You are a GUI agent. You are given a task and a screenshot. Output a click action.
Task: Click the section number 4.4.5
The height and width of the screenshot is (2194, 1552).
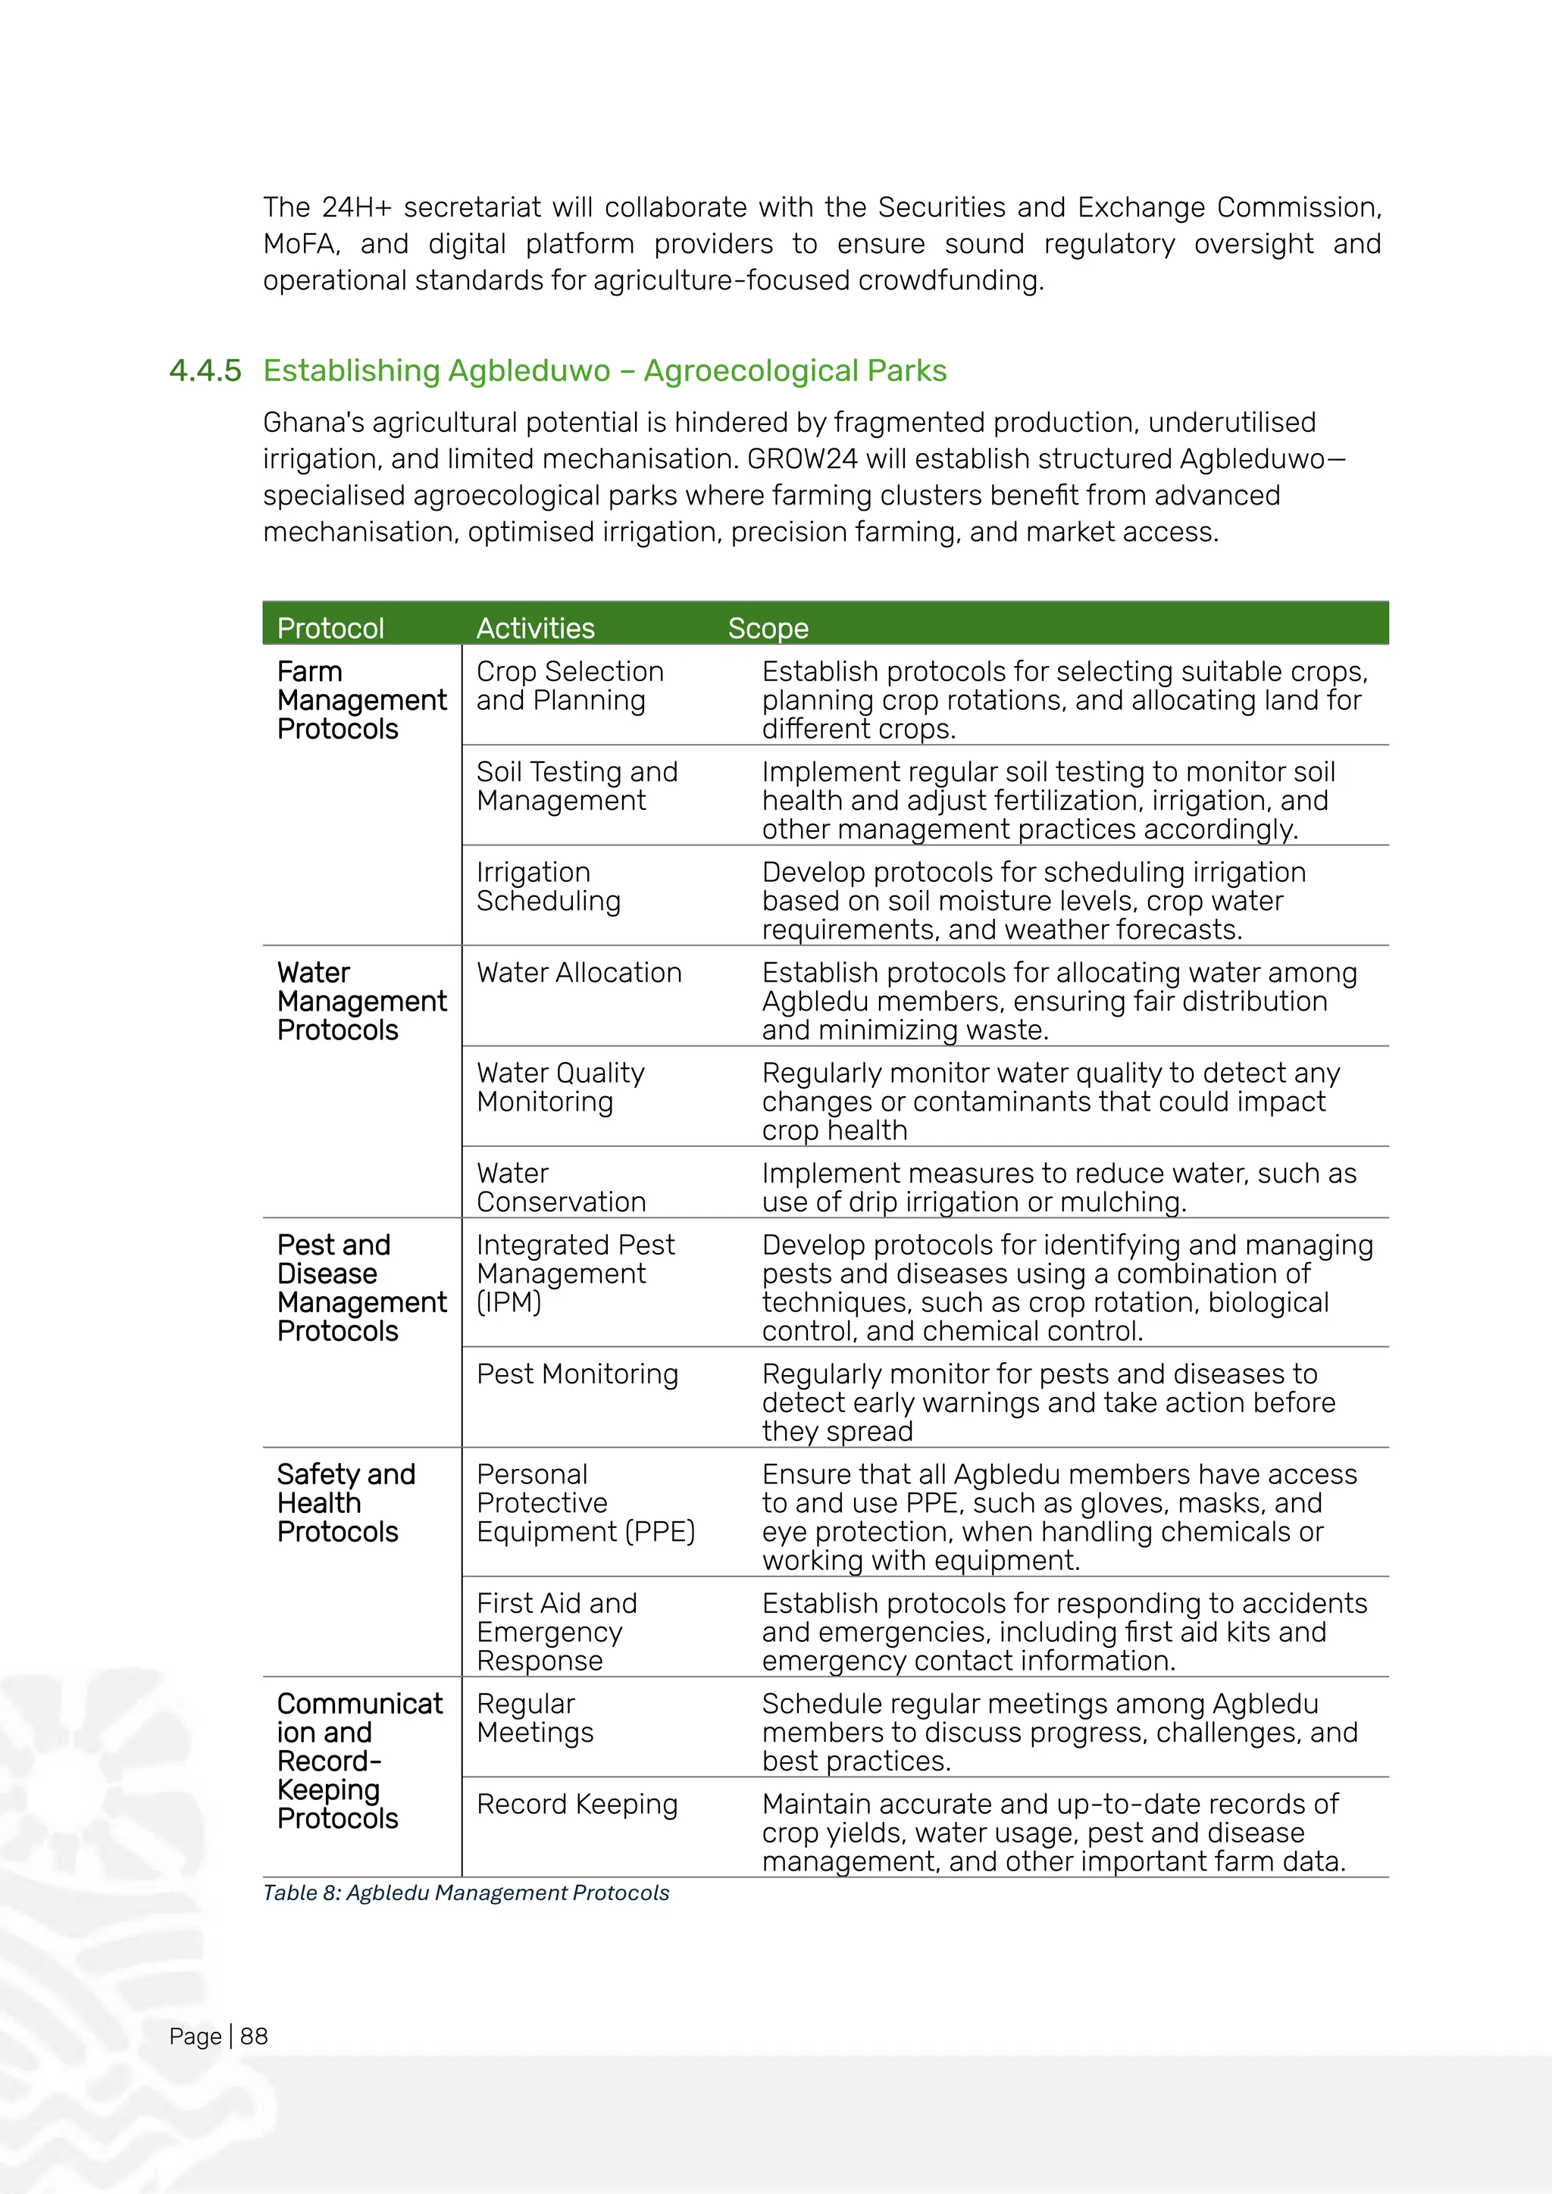click(205, 370)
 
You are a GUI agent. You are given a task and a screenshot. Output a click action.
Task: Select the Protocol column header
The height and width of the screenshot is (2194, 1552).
click(330, 628)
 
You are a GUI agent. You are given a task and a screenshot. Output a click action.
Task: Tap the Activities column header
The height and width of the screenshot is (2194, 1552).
click(535, 628)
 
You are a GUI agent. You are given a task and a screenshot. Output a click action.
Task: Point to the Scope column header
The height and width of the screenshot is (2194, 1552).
click(768, 628)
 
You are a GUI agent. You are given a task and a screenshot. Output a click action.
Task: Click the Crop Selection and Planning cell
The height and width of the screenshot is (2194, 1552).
click(570, 686)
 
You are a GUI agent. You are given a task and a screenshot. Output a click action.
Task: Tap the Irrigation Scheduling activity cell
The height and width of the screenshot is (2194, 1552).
click(548, 887)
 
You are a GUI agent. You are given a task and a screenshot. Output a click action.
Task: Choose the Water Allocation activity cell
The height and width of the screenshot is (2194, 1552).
click(579, 973)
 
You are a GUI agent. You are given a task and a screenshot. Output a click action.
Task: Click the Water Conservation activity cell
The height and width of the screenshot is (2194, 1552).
click(561, 1188)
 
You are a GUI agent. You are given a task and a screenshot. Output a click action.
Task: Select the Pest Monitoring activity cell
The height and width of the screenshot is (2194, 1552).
click(577, 1374)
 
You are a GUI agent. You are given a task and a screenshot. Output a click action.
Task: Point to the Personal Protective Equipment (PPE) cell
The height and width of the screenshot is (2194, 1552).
click(585, 1503)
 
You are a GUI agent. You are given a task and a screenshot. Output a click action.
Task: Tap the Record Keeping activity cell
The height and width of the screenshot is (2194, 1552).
click(577, 1804)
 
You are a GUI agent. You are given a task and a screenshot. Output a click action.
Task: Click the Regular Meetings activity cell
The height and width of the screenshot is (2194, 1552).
click(534, 1718)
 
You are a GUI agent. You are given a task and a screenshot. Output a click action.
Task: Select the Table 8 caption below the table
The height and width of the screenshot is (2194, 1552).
click(465, 1893)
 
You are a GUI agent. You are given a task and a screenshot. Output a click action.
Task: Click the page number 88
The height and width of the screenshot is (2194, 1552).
click(253, 2036)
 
